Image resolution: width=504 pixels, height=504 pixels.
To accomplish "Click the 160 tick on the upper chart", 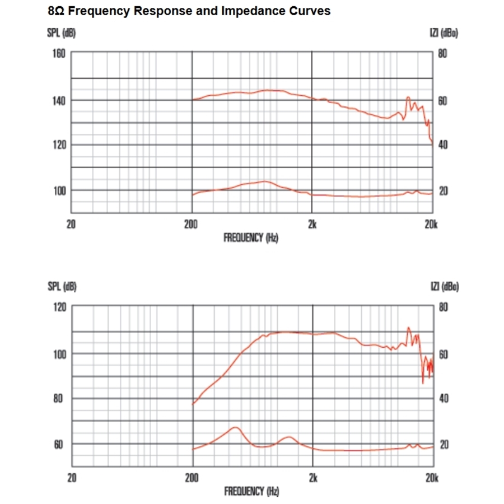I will pos(59,54).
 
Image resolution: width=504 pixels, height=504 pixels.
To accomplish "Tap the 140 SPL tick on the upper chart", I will pos(59,101).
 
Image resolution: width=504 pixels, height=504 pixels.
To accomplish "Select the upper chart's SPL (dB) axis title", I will pos(61,34).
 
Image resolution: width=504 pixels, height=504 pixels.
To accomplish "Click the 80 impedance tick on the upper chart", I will pos(442,54).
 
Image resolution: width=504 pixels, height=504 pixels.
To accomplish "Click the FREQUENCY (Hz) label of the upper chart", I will pos(251,238).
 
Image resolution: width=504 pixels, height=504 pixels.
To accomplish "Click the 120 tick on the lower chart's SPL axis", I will pos(59,307).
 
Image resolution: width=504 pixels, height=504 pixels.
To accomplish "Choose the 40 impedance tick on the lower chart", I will pos(443,399).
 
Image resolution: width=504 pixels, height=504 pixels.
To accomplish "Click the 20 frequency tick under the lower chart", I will pos(72,479).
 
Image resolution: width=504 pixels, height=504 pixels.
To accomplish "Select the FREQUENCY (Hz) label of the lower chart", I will pos(251,492).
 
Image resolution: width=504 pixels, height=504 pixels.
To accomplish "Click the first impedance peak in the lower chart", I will pos(235,427).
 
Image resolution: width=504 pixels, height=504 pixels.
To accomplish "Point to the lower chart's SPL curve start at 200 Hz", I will pos(193,404).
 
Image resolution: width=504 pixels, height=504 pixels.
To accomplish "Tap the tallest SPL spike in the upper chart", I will pos(408,97).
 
